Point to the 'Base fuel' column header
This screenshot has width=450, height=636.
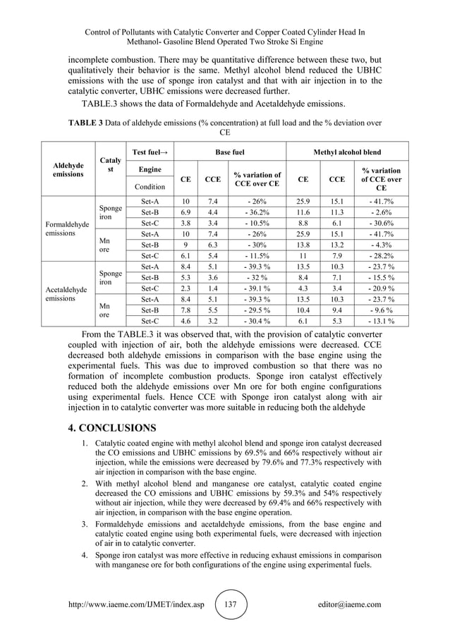[x=229, y=152]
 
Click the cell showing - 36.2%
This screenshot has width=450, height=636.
[x=257, y=212]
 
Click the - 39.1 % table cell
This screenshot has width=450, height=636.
[x=257, y=288]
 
